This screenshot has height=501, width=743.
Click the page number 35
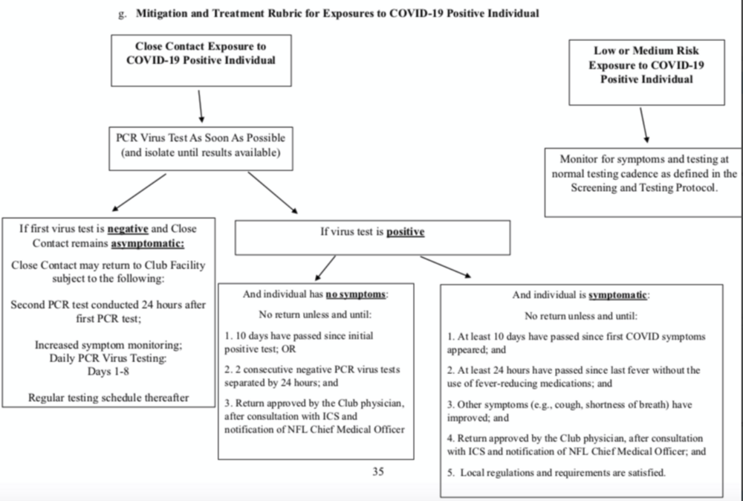[x=378, y=471]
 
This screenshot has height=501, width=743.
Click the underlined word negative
[x=128, y=229]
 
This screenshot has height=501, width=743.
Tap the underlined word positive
[x=406, y=232]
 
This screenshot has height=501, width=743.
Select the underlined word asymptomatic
[x=148, y=244]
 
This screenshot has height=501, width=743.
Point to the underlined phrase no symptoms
[x=356, y=294]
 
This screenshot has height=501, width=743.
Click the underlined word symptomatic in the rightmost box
[x=618, y=295]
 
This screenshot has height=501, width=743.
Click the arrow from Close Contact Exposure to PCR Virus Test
[x=201, y=106]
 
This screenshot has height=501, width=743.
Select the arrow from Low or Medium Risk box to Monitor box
[x=644, y=125]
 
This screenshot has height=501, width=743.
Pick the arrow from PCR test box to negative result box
[x=139, y=192]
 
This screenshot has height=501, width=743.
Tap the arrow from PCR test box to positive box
[x=273, y=193]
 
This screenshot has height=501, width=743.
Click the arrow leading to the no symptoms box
[x=325, y=268]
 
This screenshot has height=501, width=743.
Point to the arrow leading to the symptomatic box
[x=445, y=267]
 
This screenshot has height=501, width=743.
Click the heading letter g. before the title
[x=123, y=13]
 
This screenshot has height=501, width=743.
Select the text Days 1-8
[x=108, y=372]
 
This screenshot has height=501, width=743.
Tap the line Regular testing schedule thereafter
[x=108, y=398]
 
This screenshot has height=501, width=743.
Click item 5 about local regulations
[x=557, y=473]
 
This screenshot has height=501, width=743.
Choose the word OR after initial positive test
[x=288, y=349]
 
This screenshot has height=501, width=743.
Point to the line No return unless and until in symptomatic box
[x=581, y=316]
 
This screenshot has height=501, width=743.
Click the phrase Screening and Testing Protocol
[x=643, y=188]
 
